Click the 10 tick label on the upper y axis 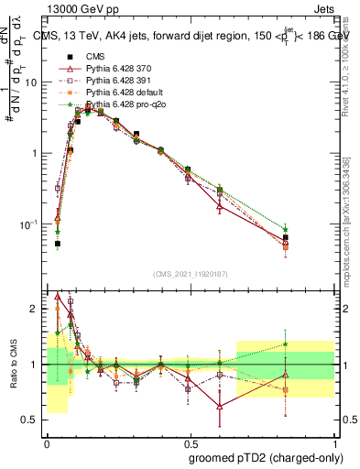click(32, 82)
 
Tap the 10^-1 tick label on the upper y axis click(29, 224)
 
